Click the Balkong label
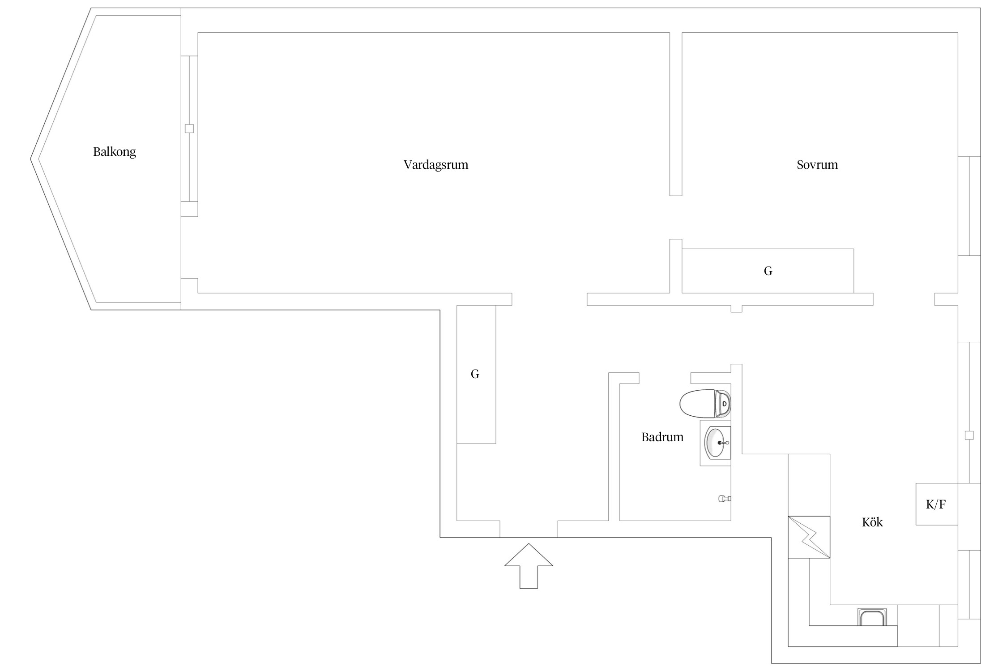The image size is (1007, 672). click(x=114, y=152)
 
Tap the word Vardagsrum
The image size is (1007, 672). click(x=436, y=165)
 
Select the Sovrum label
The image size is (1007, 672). click(x=817, y=164)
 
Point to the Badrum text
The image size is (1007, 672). click(x=662, y=437)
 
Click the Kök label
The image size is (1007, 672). click(x=872, y=522)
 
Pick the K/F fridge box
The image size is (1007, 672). click(x=936, y=504)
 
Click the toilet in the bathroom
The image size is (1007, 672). click(x=705, y=403)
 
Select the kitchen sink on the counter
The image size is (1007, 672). click(x=871, y=617)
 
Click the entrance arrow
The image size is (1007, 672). click(x=529, y=566)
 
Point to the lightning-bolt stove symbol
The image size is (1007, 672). click(x=809, y=537)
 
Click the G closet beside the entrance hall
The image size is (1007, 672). click(x=476, y=374)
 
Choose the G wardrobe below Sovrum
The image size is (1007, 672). click(x=768, y=271)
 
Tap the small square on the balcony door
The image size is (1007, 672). click(x=189, y=129)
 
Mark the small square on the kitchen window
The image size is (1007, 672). click(x=969, y=435)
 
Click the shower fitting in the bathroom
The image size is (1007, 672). click(x=725, y=499)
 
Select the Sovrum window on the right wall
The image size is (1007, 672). click(x=969, y=206)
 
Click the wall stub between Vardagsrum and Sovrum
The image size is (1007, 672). click(x=676, y=114)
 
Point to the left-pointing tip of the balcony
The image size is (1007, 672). click(x=31, y=159)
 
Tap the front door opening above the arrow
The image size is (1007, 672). click(x=529, y=529)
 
